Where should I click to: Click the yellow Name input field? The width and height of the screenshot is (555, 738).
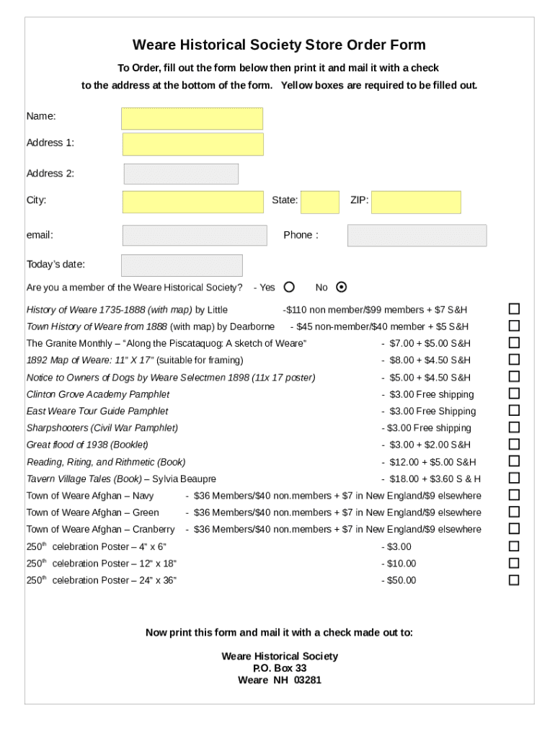pos(192,119)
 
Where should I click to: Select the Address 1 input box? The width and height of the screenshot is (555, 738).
pos(192,144)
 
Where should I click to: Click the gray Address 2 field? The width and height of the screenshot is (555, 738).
pos(181,174)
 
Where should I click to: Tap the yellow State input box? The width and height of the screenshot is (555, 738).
pos(319,203)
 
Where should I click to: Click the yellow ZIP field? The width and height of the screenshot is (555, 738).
pos(416,203)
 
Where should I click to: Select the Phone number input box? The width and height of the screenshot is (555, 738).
pos(417,236)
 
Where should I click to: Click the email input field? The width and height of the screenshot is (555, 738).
pos(194,236)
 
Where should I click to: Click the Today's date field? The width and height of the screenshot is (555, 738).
pos(182,265)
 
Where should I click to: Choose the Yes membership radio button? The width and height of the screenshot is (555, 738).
pos(289,287)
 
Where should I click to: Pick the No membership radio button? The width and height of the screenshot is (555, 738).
pos(342,287)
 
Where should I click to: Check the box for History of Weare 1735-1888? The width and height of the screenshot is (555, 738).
pos(514,308)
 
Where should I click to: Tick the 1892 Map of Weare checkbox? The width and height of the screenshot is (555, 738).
pos(514,360)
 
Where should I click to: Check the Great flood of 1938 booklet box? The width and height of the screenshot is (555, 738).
pos(514,444)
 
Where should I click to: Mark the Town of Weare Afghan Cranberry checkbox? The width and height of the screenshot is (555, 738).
pos(514,529)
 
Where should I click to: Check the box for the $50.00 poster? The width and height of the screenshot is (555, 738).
pos(514,580)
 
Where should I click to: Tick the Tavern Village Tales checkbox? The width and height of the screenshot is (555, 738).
pos(514,478)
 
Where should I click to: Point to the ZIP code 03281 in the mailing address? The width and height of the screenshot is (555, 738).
pos(308,680)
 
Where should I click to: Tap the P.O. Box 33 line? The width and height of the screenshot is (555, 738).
pos(280,668)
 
